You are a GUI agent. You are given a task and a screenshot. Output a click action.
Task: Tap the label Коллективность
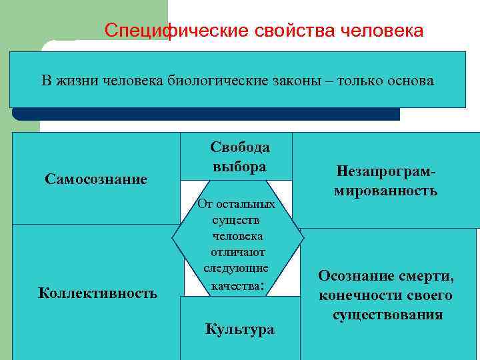click(98, 293)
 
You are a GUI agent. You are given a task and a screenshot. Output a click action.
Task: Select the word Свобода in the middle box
click(240, 147)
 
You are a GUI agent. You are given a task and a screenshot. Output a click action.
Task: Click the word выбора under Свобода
click(240, 167)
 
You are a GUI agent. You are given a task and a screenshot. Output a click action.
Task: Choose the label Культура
click(240, 329)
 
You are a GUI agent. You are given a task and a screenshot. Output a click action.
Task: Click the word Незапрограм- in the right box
click(386, 172)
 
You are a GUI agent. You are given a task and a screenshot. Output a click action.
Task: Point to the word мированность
click(386, 191)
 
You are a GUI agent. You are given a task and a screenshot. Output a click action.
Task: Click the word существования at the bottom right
click(388, 314)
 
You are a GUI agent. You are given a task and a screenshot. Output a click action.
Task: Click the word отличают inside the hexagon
click(238, 252)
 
